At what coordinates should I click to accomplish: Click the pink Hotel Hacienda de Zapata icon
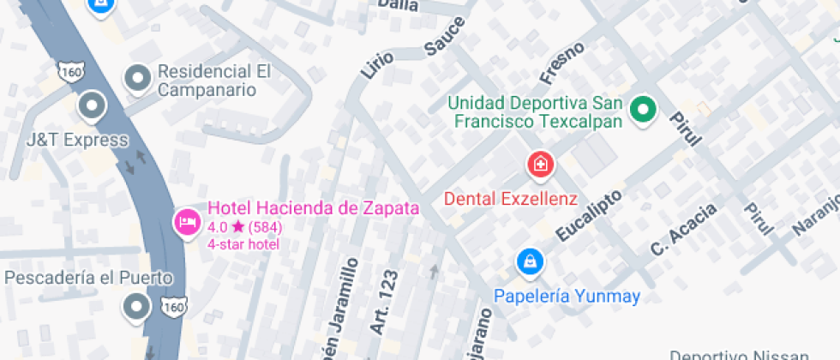pos(186,224)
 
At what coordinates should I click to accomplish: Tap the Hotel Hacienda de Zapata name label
pos(314,208)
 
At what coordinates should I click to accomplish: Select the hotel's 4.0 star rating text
pos(244,227)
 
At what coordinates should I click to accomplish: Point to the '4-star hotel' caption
pos(243,243)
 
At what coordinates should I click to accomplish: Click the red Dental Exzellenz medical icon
pos(541,163)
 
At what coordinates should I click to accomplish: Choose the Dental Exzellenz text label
pos(511,199)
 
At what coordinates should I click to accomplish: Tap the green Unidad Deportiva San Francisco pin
pos(643,110)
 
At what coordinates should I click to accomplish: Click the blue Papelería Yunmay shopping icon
pos(529,261)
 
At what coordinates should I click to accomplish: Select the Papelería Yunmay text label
pos(567,297)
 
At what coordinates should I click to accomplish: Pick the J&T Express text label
pos(77,140)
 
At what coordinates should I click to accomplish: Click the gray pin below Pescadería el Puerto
pos(136,306)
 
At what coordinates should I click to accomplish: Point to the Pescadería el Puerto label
pos(89,278)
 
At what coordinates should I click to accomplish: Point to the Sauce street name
pos(444,36)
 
